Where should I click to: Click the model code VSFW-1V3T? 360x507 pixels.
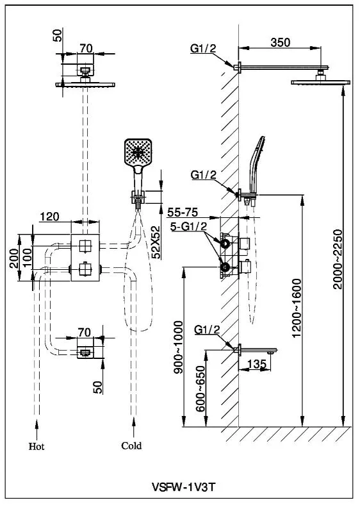pos(183,486)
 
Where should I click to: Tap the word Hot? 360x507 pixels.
pos(37,447)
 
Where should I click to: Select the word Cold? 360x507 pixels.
pos(131,446)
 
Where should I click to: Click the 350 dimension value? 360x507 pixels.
pos(280,42)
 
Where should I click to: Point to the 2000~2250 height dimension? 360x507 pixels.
pos(338,260)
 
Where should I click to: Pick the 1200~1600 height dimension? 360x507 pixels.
pos(297,308)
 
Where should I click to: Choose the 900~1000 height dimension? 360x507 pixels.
pos(178,347)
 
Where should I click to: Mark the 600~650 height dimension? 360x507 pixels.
pos(200,388)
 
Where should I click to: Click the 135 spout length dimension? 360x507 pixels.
pos(257,364)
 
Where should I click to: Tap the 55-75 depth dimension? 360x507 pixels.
pos(183,212)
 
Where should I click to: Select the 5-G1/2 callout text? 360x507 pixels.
pos(188,226)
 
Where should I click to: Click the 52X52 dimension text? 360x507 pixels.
pos(156,242)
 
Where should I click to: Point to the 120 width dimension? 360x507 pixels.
pos(49,216)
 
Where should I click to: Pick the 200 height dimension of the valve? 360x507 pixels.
pos(14,258)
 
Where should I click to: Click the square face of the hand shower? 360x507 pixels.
pos(138,152)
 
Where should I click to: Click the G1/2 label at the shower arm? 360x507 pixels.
pos(202,49)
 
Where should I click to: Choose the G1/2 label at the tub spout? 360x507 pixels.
pos(207,330)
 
